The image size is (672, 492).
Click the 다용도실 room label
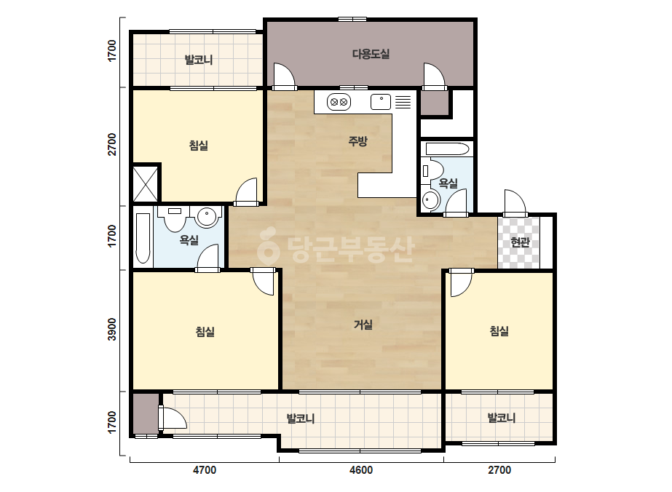tap(371, 55)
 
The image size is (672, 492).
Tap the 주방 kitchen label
tap(358, 141)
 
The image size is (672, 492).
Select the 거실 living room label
tap(363, 325)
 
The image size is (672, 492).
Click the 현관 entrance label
tap(521, 242)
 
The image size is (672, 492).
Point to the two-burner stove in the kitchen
tap(339, 103)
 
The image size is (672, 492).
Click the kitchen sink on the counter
tap(381, 102)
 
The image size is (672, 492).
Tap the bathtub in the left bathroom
tap(143, 238)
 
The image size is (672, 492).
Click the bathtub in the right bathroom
tap(448, 149)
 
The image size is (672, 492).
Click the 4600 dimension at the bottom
tap(361, 470)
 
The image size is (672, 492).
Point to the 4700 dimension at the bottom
tap(205, 470)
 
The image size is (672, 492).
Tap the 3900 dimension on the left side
tap(112, 329)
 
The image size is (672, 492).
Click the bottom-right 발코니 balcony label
tap(502, 418)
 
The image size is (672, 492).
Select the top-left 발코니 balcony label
tap(199, 60)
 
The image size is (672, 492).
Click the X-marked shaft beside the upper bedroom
tap(146, 184)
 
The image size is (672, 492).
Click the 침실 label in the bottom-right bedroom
tap(499, 331)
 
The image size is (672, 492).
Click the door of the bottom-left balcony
tap(173, 418)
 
